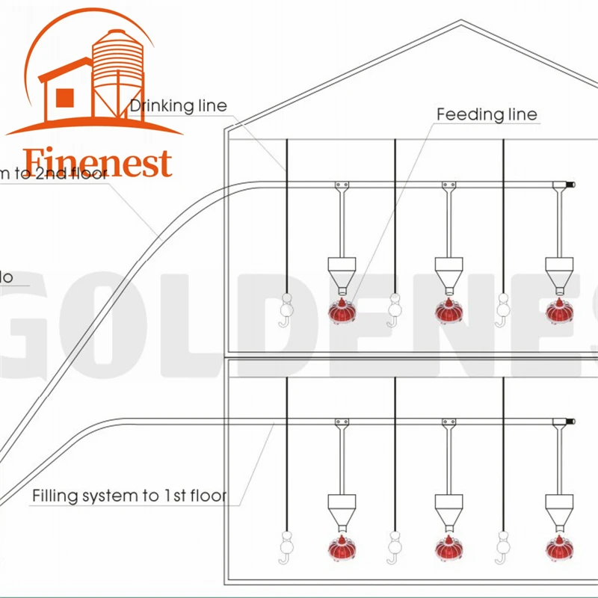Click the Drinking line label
(179, 106)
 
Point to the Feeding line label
(487, 114)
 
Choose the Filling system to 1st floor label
(129, 496)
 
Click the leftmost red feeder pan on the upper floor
(342, 311)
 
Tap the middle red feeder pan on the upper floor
(449, 310)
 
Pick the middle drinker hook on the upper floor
(394, 310)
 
